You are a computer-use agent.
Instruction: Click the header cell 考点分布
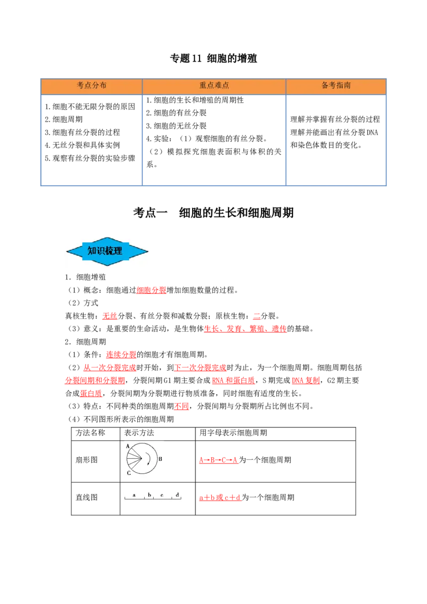[91, 85]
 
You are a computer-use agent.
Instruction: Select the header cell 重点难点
[214, 85]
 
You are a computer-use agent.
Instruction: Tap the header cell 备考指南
[336, 85]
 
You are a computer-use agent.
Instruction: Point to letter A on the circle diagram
[128, 446]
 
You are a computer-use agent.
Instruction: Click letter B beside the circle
[160, 459]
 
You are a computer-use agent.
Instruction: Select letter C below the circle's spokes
[129, 473]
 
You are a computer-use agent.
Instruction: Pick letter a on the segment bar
[134, 495]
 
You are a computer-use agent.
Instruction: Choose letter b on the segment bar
[149, 495]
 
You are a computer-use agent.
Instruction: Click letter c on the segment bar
[162, 495]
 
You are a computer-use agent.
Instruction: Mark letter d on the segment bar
[177, 495]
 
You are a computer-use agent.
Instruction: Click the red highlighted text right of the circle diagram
[218, 460]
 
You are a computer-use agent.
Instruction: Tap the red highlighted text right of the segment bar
[219, 498]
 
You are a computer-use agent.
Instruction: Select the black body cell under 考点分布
[91, 141]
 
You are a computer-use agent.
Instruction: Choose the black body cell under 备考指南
[337, 141]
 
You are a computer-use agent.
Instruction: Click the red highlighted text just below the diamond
[152, 290]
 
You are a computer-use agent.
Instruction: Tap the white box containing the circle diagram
[144, 459]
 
